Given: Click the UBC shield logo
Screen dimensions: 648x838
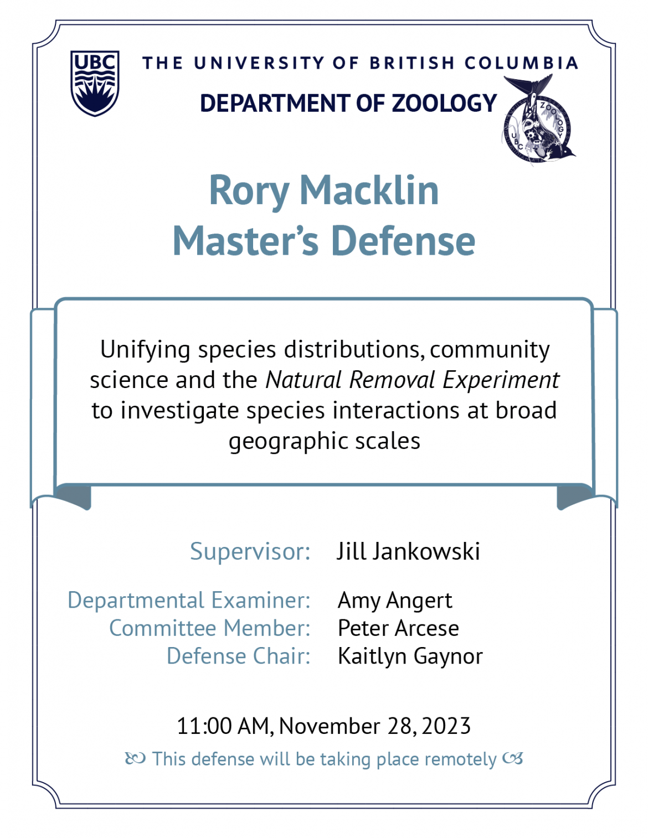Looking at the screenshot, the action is pyautogui.click(x=95, y=83).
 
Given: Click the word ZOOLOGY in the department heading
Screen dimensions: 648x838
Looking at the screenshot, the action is pyautogui.click(x=444, y=103).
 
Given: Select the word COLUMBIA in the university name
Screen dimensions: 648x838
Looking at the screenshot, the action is pyautogui.click(x=522, y=63).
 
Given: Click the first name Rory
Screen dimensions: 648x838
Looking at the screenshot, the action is pyautogui.click(x=249, y=192).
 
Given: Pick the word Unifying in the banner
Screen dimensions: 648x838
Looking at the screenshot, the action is pyautogui.click(x=145, y=350).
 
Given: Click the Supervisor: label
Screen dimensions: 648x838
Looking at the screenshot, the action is pyautogui.click(x=250, y=552).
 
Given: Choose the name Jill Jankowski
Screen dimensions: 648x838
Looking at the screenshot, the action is pyautogui.click(x=409, y=551).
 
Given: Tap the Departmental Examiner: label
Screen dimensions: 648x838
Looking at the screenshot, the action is pyautogui.click(x=189, y=601).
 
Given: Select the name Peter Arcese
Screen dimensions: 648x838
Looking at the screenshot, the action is pyautogui.click(x=398, y=628).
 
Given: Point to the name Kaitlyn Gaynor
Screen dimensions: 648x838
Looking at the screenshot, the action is pyautogui.click(x=410, y=657).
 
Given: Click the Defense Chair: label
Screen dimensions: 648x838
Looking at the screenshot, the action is pyautogui.click(x=238, y=656).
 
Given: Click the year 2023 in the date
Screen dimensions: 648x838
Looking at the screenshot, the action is pyautogui.click(x=446, y=726).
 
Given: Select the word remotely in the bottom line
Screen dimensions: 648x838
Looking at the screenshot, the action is pyautogui.click(x=461, y=759).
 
